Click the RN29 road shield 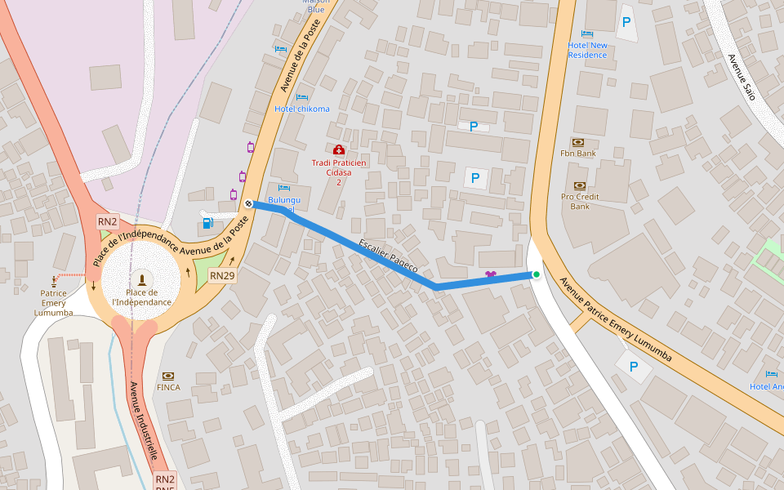pyautogui.click(x=222, y=276)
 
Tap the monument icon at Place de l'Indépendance pyautogui.click(x=142, y=279)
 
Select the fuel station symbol pyautogui.click(x=207, y=221)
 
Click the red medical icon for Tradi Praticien pyautogui.click(x=339, y=149)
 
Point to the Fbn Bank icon pyautogui.click(x=578, y=142)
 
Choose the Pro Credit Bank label pyautogui.click(x=580, y=201)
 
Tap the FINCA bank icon pyautogui.click(x=167, y=376)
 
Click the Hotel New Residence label pyautogui.click(x=588, y=50)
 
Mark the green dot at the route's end pyautogui.click(x=537, y=274)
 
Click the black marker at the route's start pyautogui.click(x=248, y=203)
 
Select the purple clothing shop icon pyautogui.click(x=490, y=274)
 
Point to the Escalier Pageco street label pyautogui.click(x=388, y=255)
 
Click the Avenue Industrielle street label pyautogui.click(x=143, y=421)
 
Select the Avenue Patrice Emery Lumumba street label pyautogui.click(x=615, y=319)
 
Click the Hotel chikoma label pyautogui.click(x=302, y=109)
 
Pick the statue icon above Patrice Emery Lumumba pyautogui.click(x=55, y=280)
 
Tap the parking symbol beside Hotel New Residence pyautogui.click(x=626, y=23)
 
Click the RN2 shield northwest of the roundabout pyautogui.click(x=108, y=221)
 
